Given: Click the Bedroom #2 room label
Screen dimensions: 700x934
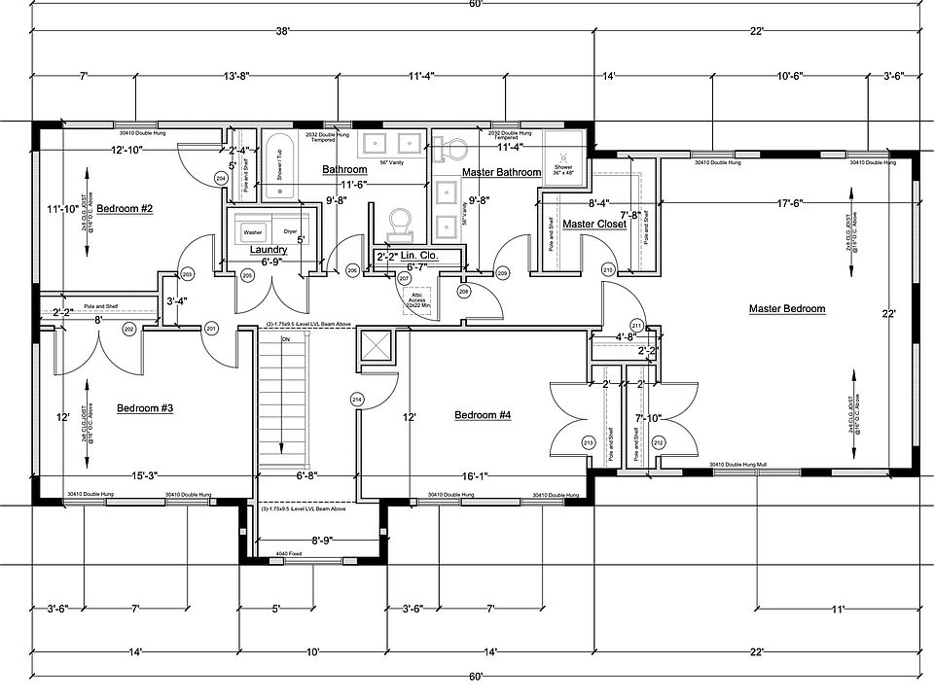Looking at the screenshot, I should [x=126, y=209].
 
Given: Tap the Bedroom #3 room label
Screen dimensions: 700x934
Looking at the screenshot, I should [x=145, y=408].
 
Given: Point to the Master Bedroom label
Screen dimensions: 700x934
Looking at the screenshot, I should [x=787, y=309].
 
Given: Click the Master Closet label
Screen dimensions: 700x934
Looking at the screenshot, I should [x=594, y=225].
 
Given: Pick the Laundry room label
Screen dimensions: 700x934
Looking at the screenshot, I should [x=268, y=250].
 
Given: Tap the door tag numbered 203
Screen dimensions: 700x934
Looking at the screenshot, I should [x=188, y=275].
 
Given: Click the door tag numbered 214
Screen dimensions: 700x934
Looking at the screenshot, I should [x=357, y=400].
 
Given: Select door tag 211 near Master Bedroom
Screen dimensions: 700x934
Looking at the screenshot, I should [x=637, y=325].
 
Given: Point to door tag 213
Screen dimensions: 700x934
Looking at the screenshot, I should [x=588, y=443].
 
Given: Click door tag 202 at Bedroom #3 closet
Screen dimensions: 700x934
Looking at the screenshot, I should [x=128, y=331].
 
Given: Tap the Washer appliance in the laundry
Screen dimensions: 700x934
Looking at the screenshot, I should [x=253, y=232].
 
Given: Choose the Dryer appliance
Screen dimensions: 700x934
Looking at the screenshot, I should [x=290, y=232].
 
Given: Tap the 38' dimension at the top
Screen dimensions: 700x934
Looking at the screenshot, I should [x=283, y=32].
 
